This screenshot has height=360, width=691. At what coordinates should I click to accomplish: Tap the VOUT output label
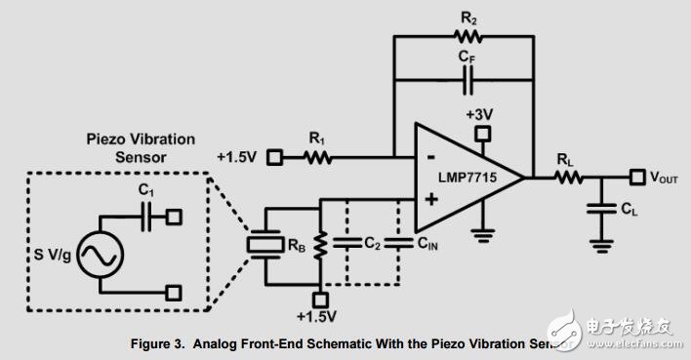tap(663, 178)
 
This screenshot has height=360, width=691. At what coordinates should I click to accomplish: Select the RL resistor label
tap(565, 159)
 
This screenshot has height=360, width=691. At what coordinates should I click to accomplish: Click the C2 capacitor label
tap(369, 246)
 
